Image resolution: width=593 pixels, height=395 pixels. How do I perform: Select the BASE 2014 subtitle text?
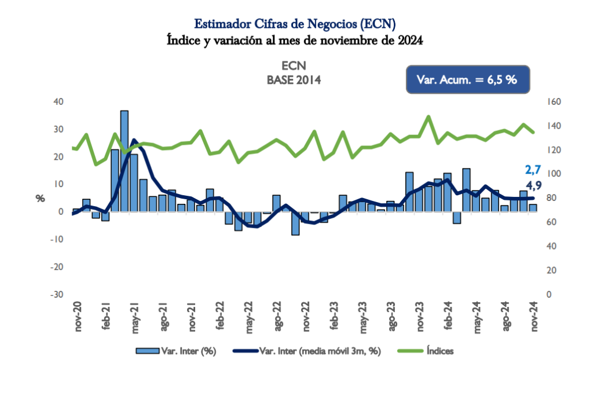294,80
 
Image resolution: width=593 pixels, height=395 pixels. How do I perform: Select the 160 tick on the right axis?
554,102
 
